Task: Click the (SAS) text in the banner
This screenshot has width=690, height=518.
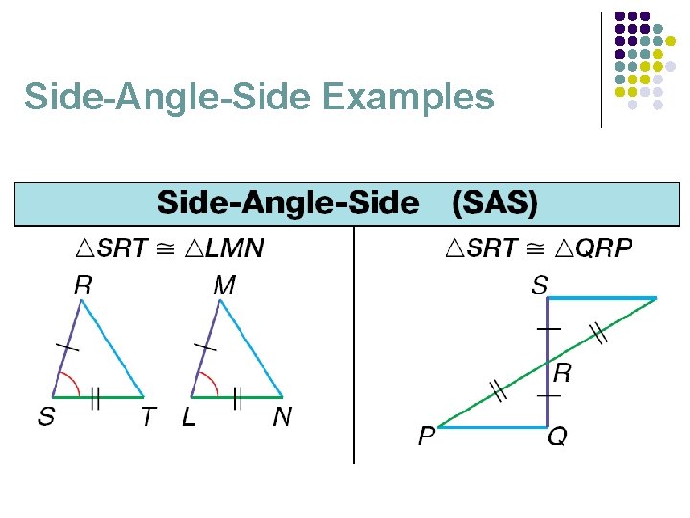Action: (x=494, y=202)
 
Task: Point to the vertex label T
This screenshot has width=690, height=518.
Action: (x=148, y=417)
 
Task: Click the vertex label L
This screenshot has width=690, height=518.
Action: (x=188, y=417)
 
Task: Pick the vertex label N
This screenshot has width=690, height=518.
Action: (x=282, y=417)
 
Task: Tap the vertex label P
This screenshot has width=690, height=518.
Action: (x=425, y=436)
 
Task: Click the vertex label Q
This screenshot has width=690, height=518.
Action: (x=557, y=437)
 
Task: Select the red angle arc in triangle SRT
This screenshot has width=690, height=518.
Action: (x=69, y=379)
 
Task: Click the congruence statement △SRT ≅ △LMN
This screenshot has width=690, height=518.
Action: (x=169, y=249)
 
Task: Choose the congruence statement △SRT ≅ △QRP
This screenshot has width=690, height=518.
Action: (x=539, y=249)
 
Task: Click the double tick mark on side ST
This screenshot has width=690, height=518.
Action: (x=95, y=397)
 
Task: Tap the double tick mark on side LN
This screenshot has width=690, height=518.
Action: (x=236, y=397)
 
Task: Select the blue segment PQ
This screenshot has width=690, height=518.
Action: (x=491, y=426)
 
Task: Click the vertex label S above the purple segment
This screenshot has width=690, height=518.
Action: (x=540, y=285)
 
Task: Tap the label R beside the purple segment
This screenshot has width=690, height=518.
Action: (x=563, y=373)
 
